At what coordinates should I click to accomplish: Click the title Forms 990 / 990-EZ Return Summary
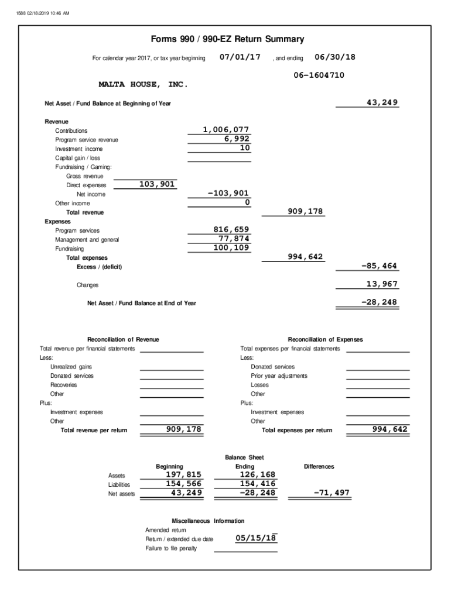click(228, 40)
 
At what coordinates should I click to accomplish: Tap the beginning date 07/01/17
click(240, 57)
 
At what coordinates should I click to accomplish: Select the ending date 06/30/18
click(335, 57)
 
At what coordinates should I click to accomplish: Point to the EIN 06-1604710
click(319, 75)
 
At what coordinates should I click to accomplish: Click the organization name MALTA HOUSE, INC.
click(143, 85)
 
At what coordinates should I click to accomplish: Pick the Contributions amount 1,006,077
click(226, 130)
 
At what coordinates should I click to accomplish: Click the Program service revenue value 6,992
click(237, 139)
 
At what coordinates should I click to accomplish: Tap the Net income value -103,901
click(228, 194)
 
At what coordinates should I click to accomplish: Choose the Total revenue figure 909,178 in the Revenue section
click(305, 212)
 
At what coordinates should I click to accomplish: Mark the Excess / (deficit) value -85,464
click(379, 266)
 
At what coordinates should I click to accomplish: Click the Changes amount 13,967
click(381, 284)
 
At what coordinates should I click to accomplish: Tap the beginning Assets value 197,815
click(184, 474)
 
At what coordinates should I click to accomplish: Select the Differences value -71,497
click(332, 493)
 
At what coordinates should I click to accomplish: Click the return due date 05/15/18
click(256, 538)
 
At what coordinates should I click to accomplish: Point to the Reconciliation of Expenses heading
click(325, 339)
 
